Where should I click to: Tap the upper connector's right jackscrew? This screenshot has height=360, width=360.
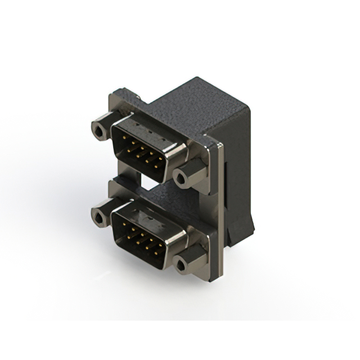[x=181, y=178]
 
